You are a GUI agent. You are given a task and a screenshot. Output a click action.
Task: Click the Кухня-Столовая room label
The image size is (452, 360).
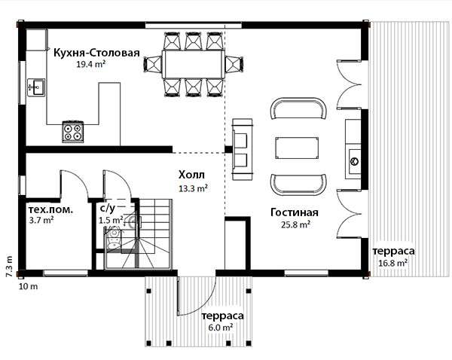click(97, 53)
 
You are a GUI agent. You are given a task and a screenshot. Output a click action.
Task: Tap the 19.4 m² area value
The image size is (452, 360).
click(90, 64)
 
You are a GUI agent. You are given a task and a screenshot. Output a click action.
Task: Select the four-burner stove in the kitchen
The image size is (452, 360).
click(73, 132)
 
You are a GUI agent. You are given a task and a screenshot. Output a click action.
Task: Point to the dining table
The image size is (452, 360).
click(194, 64)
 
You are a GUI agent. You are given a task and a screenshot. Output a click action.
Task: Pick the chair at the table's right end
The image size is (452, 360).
click(234, 64)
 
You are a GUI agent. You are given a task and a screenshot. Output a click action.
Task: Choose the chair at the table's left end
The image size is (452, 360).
click(153, 64)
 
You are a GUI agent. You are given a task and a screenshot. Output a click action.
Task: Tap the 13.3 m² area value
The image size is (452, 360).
click(194, 188)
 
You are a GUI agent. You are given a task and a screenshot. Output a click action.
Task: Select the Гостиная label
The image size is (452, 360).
click(295, 212)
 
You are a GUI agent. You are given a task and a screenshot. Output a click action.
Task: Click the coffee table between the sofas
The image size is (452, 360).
click(298, 148)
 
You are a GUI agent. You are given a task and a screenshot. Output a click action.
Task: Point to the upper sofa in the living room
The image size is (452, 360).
click(298, 108)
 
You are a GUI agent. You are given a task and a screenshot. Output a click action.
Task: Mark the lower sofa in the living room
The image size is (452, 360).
click(298, 185)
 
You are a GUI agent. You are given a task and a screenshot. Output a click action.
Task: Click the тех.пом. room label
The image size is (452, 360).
click(50, 209)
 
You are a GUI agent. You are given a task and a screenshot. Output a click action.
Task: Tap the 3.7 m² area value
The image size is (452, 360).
click(41, 220)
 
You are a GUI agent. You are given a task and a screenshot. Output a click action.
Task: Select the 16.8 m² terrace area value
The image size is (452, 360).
click(393, 263)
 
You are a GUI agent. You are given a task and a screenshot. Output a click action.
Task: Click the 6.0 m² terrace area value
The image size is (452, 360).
click(221, 328)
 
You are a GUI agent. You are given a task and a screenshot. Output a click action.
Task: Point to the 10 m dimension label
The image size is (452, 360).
click(29, 286)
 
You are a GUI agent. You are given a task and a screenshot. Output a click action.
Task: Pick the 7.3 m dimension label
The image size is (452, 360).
click(9, 267)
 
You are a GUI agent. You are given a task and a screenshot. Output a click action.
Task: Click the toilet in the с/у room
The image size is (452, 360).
click(114, 238)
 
